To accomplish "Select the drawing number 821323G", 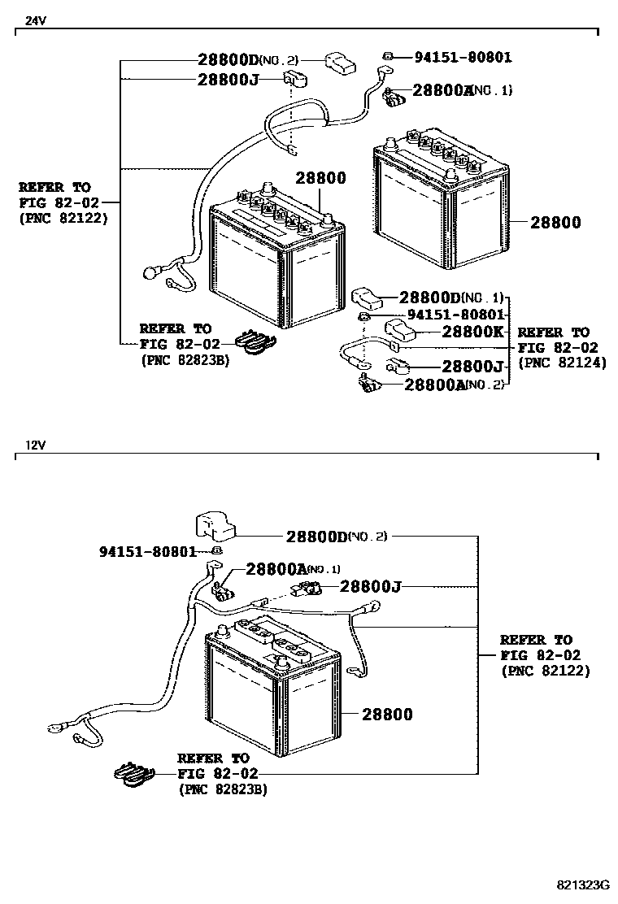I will [x=582, y=884].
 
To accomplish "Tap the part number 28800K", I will [x=474, y=332].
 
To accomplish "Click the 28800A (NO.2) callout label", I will [x=454, y=384].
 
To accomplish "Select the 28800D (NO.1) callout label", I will [x=450, y=298].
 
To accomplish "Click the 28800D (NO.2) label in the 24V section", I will [x=248, y=60].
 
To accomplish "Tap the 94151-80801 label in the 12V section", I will [x=148, y=551].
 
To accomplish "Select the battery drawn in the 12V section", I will [x=272, y=691].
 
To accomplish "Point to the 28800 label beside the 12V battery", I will [x=387, y=715].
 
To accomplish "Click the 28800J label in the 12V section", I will [x=371, y=586].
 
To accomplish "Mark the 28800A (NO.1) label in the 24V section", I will [x=462, y=90].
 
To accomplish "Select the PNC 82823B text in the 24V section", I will [x=184, y=359].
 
